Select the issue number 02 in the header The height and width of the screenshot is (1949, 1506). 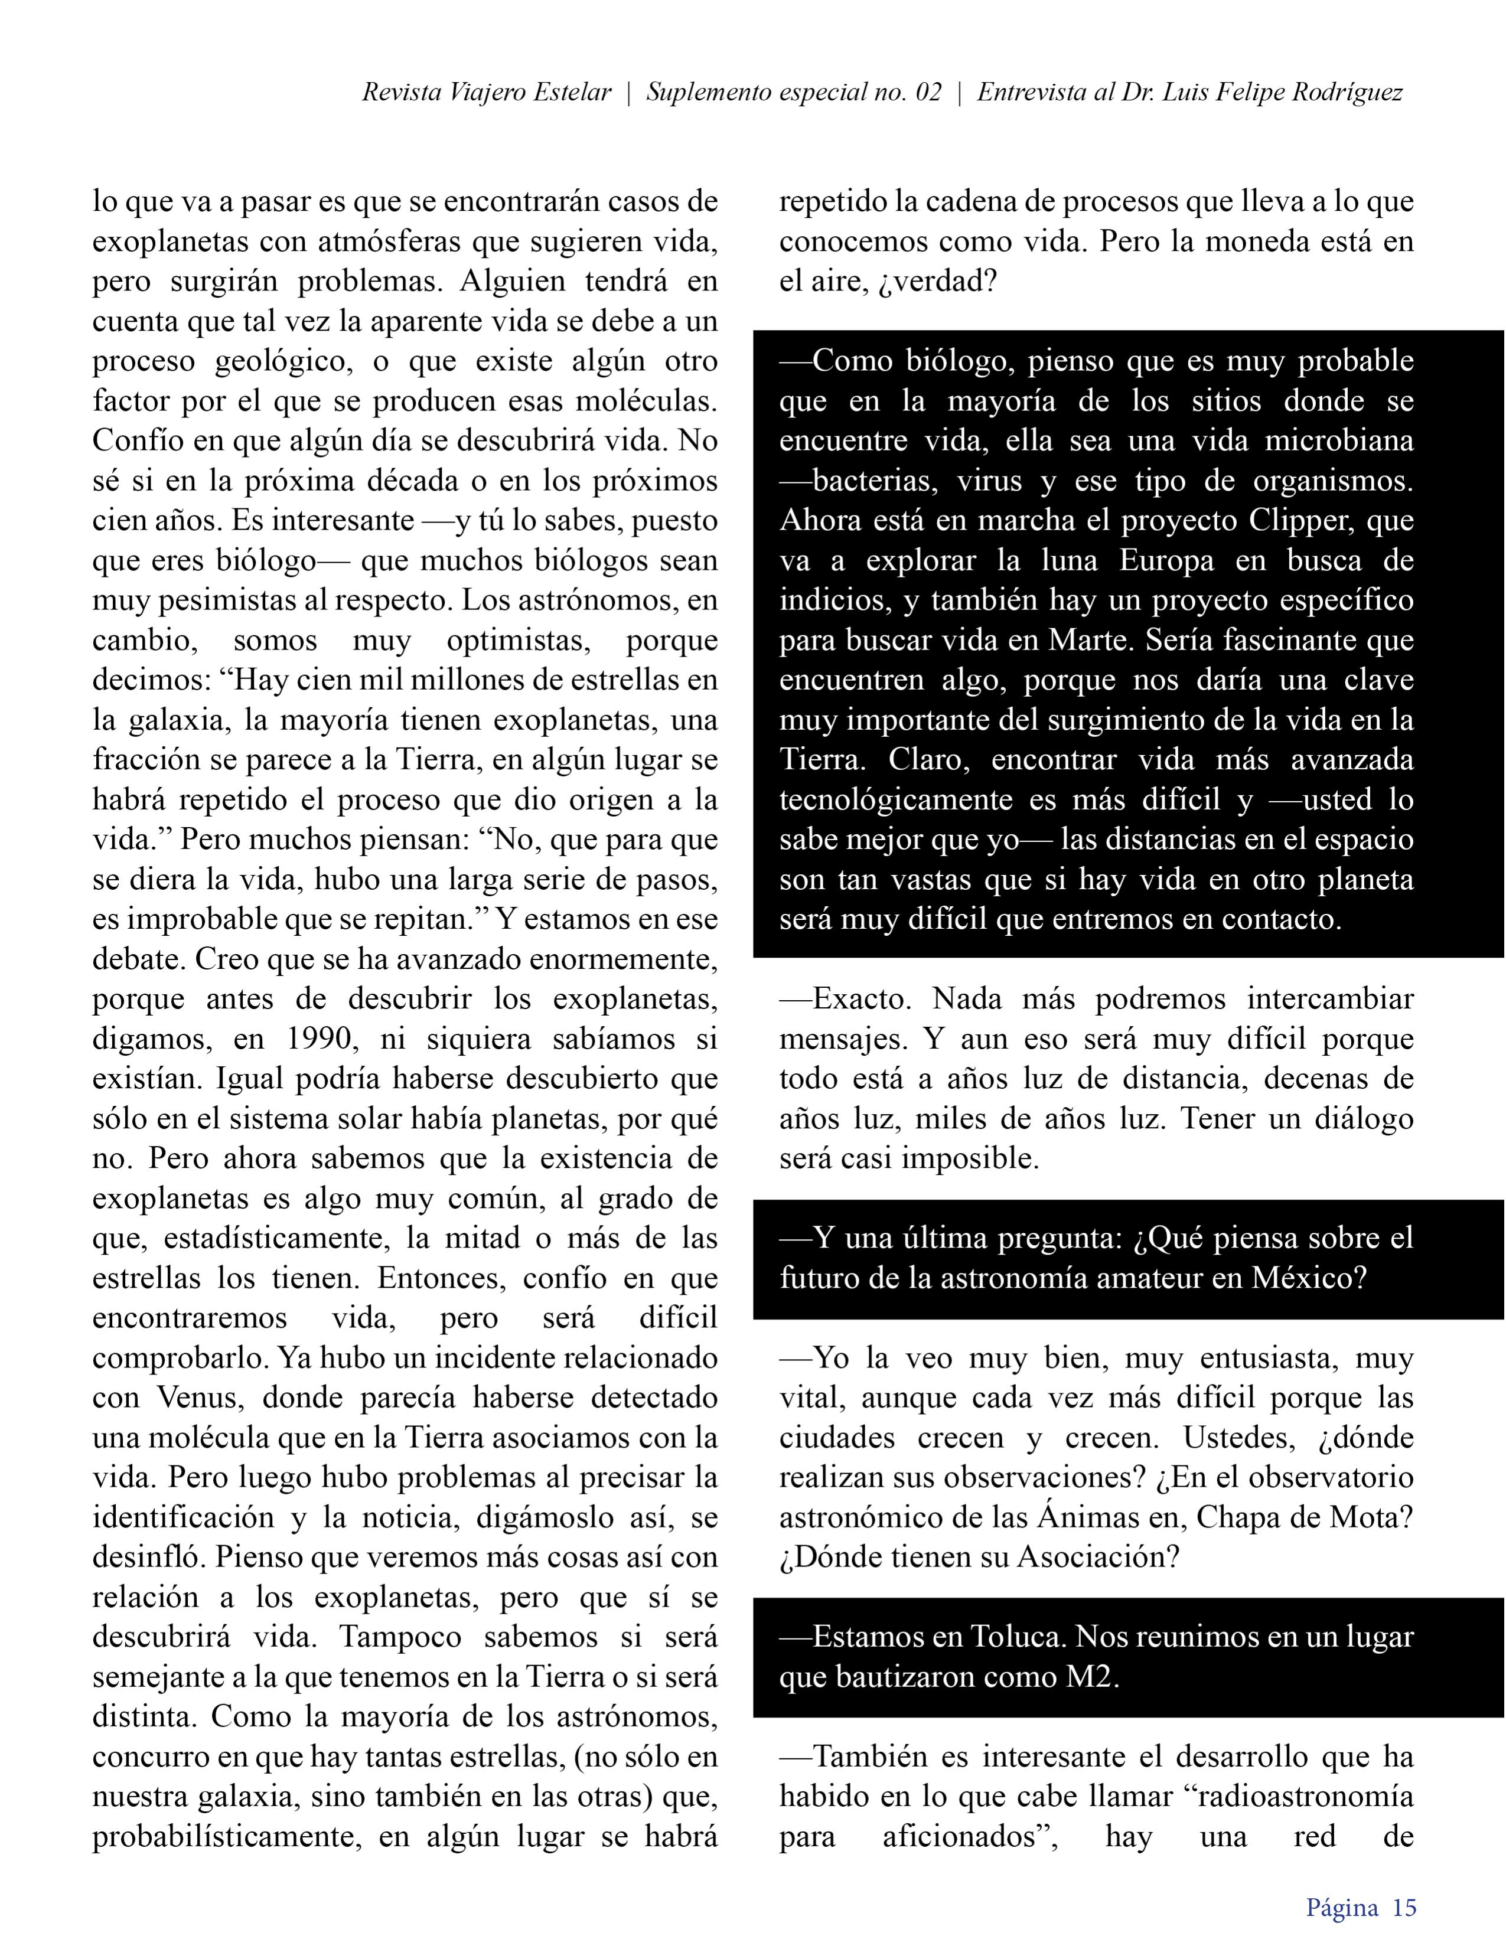[x=928, y=93]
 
